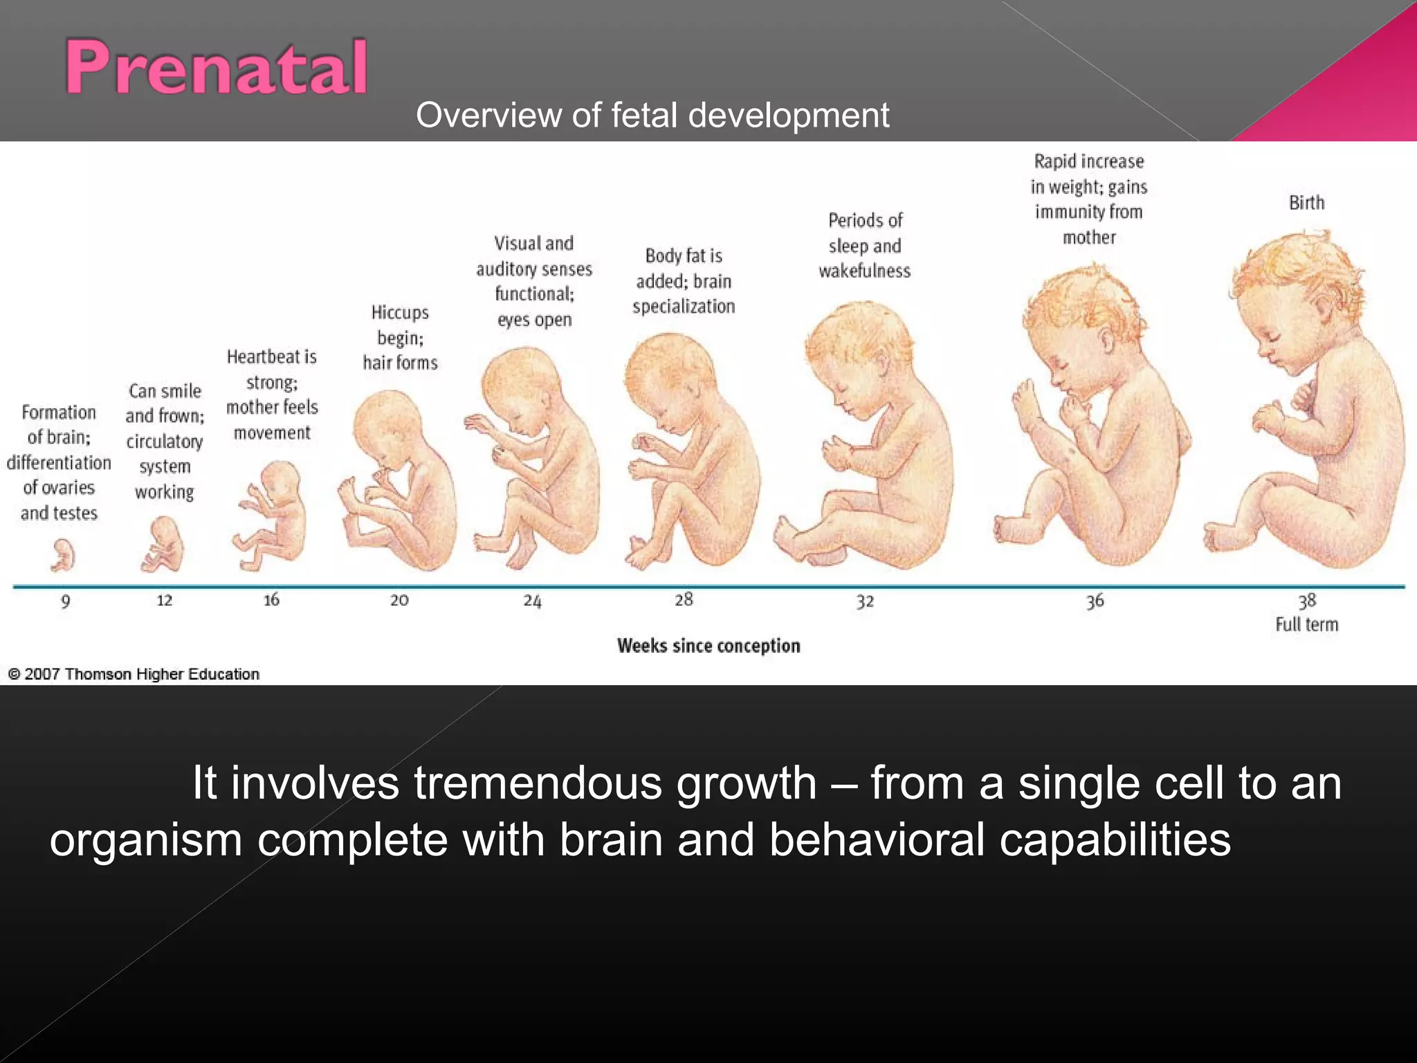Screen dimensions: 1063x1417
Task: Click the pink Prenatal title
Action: pos(216,67)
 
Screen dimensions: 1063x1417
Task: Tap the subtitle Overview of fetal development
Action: pos(652,115)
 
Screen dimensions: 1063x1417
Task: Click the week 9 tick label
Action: pos(66,601)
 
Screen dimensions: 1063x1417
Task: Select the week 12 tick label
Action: pos(164,600)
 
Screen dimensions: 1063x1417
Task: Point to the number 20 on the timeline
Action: pos(399,600)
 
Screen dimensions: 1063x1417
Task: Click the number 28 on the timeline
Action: pos(684,599)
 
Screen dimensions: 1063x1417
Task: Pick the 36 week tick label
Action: pos(1095,601)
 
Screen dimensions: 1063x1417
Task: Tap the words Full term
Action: pos(1306,624)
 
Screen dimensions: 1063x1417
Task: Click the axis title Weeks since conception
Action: pos(708,646)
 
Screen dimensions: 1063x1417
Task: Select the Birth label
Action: pos(1306,203)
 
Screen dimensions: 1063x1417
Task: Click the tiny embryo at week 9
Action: pos(63,556)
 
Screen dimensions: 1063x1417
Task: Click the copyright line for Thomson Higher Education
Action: pos(134,674)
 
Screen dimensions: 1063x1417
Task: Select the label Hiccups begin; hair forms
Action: pos(400,338)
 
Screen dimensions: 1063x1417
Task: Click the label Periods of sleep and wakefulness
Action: pos(865,246)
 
